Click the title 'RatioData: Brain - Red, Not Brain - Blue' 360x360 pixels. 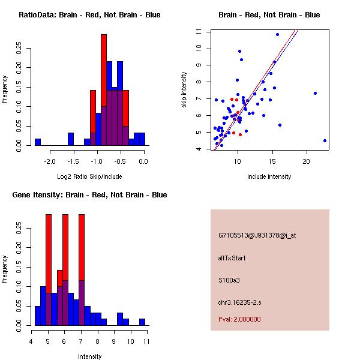pos(89,15)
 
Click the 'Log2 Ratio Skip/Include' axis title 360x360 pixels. pos(89,177)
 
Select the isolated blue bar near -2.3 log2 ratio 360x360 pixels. pos(38,142)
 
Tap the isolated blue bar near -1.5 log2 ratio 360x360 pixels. pos(71,139)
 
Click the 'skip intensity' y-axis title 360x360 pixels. pos(185,90)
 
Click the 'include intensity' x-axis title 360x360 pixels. pos(269,177)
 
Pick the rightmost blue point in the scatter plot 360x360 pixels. pos(325,140)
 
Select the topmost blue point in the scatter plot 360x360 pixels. pos(277,34)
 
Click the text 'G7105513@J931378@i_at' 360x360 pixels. pos(257,235)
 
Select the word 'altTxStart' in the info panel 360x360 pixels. pos(232,258)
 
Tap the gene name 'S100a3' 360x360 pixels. pos(229,280)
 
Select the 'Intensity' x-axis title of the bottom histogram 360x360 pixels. pos(89,356)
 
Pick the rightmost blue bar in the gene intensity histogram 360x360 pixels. pos(142,322)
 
